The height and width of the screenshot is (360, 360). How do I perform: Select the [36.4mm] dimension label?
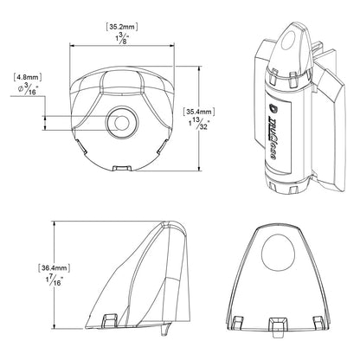tap(31, 267)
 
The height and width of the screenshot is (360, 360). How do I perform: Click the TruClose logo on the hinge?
tap(274, 118)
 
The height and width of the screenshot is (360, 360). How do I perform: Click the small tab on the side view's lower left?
tap(108, 321)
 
